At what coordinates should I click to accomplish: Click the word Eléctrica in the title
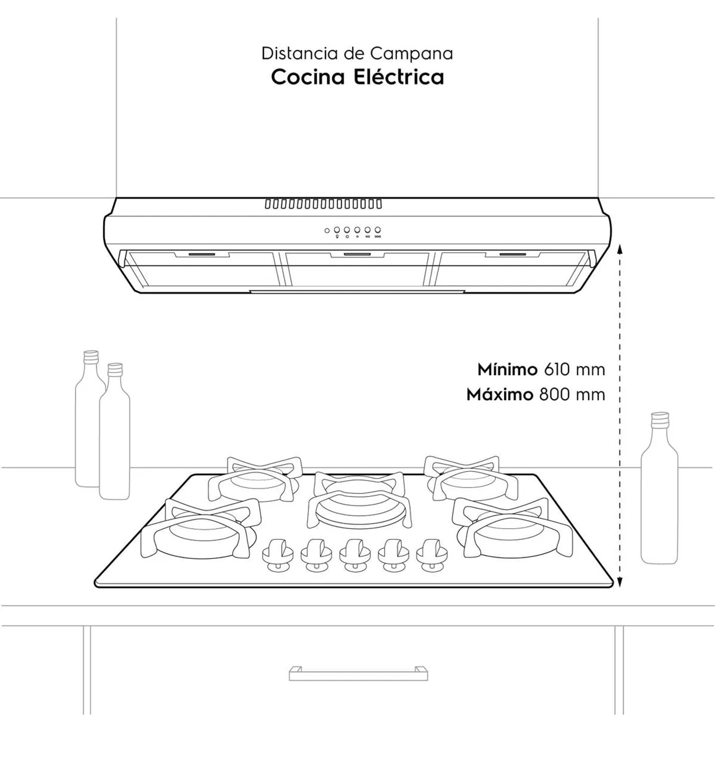tap(399, 77)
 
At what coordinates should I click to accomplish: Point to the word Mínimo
tap(507, 369)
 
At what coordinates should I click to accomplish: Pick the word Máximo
tap(499, 395)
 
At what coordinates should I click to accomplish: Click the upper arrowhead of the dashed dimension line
tap(620, 248)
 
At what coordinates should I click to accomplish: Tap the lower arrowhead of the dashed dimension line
tap(620, 582)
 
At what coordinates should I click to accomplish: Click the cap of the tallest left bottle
tap(91, 357)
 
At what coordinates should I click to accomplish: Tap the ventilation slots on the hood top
tap(323, 204)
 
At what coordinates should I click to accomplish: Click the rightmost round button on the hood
tap(378, 230)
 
